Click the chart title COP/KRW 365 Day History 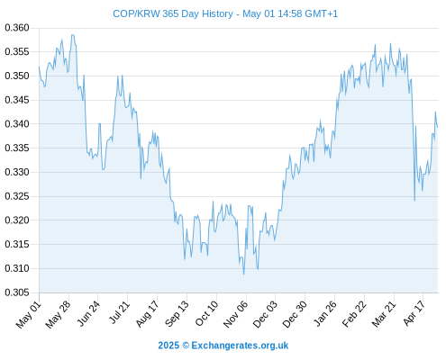click(173, 13)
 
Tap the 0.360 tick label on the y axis click(17, 28)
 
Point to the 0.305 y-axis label click(17, 292)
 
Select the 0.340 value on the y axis click(17, 124)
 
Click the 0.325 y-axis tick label click(17, 196)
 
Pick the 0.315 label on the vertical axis click(17, 245)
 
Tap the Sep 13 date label click(177, 313)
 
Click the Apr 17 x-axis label click(414, 313)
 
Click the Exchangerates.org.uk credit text click(240, 346)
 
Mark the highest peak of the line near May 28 click(72, 35)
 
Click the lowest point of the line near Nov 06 click(243, 274)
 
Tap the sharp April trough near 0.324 click(414, 201)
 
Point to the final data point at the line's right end click(438, 127)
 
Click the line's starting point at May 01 click(39, 67)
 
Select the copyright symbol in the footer click(186, 346)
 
